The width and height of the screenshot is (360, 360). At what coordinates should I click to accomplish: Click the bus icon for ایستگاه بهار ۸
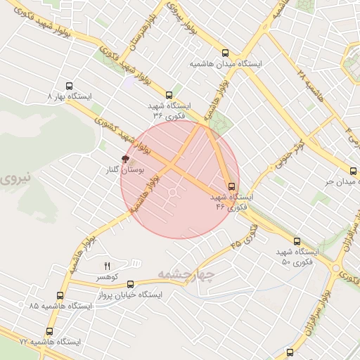69,84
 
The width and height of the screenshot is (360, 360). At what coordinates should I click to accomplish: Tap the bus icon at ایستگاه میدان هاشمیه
225,53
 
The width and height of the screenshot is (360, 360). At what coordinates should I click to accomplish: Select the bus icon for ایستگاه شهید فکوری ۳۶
169,95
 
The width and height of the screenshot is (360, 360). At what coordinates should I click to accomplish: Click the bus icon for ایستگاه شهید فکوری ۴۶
231,186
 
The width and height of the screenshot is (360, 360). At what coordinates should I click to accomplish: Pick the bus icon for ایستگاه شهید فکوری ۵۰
296,241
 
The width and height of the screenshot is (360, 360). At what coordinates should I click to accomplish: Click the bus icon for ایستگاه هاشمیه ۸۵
60,296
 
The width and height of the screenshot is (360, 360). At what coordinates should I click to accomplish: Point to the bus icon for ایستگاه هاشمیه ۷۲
49,331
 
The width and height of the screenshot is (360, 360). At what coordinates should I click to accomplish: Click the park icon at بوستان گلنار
126,159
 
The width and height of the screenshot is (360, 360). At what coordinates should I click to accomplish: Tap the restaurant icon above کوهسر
108,265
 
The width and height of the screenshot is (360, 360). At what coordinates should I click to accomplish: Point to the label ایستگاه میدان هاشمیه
226,64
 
